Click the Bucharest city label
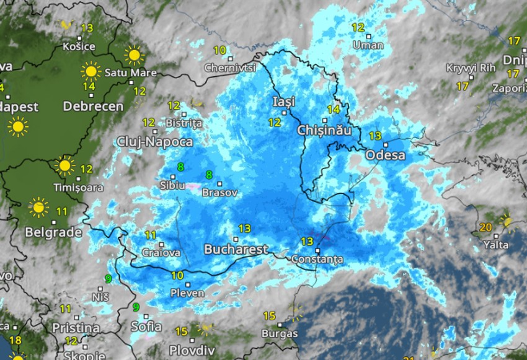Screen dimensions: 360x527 coord(236,250)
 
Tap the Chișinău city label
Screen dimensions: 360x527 coord(324,131)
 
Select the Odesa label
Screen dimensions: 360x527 coord(385,155)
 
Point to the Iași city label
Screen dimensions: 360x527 coord(284,101)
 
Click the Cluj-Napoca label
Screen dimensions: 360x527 coord(154,142)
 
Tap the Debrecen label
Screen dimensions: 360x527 coord(93,106)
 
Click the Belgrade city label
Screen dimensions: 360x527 coord(53,232)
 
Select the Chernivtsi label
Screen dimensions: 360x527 coord(230,67)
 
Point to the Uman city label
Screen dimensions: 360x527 coord(368,45)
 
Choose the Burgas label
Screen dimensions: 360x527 coord(280,333)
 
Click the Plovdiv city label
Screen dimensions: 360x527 coord(192,348)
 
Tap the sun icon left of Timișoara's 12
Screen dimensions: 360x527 coord(64,166)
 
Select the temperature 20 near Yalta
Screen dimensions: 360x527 coord(485,227)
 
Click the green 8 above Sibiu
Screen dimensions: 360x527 coord(180,167)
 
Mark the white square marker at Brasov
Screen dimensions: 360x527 coord(221,183)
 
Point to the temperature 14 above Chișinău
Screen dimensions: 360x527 coord(334,110)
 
